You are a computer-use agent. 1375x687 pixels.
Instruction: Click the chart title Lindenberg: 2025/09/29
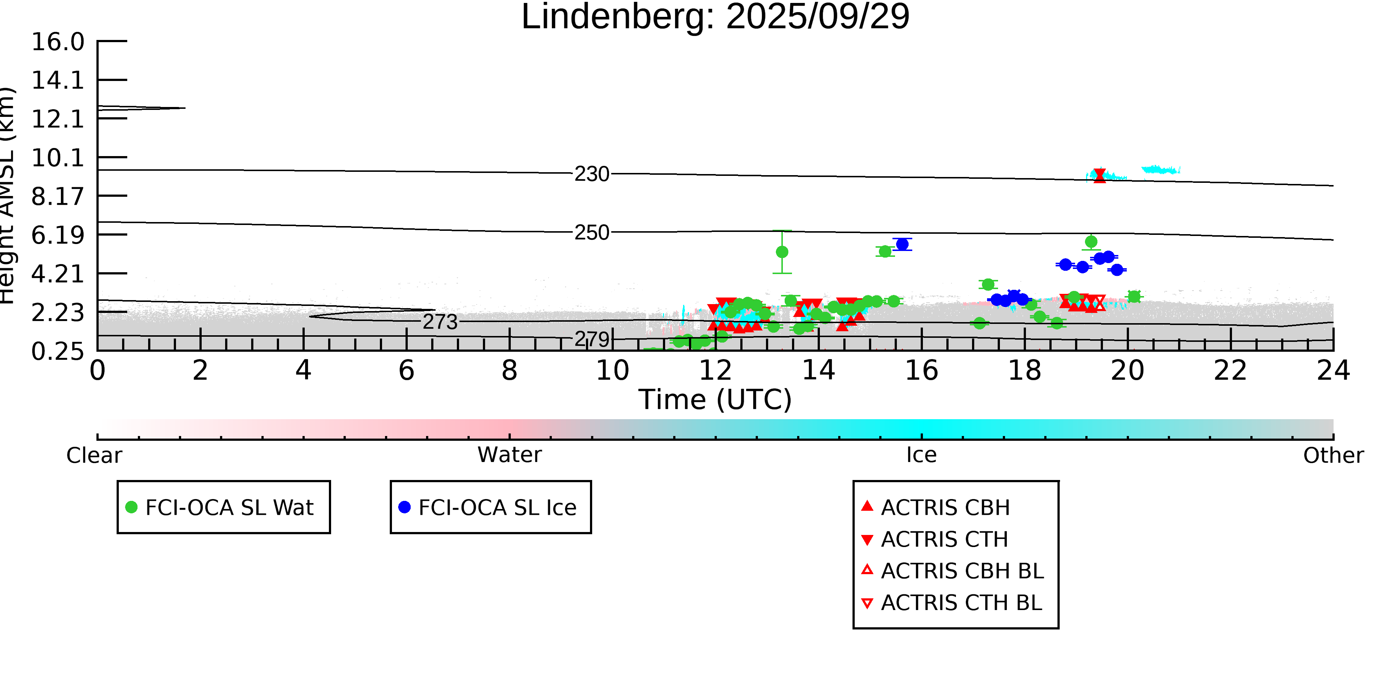[715, 17]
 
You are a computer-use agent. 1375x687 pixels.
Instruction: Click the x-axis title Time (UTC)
[715, 399]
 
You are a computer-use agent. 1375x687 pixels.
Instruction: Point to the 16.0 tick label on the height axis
[58, 42]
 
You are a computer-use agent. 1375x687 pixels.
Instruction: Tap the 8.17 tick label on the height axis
[58, 197]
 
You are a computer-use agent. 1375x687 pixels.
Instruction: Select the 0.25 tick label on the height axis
[58, 351]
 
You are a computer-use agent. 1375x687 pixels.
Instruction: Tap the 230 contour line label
[591, 174]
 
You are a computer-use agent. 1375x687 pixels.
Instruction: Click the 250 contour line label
[591, 233]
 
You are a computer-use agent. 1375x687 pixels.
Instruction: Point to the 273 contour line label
[440, 322]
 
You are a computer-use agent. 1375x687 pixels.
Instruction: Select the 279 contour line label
[591, 339]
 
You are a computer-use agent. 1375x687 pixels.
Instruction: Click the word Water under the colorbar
[510, 455]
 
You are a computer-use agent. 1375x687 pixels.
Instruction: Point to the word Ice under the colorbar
[921, 455]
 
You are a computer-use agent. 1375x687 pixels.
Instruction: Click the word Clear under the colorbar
[94, 455]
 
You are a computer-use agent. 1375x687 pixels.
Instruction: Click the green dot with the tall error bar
[782, 252]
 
